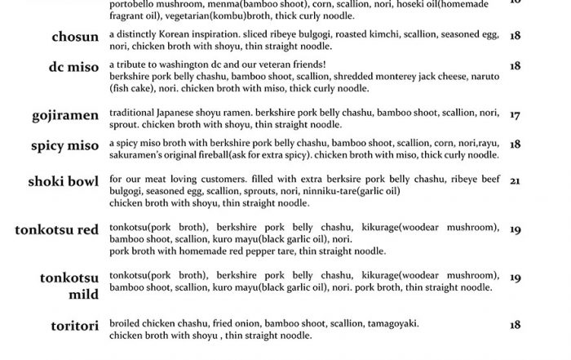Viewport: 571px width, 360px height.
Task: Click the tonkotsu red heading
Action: click(x=57, y=229)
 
